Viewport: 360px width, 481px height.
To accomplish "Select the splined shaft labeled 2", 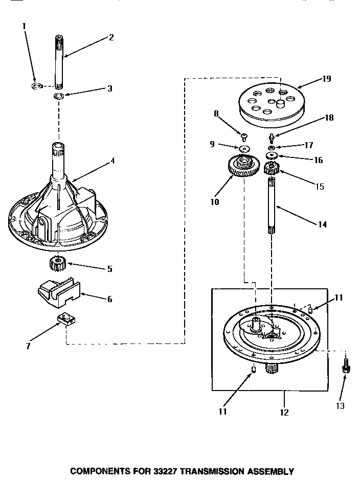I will (x=59, y=61).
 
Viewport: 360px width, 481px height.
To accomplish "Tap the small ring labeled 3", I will (x=59, y=96).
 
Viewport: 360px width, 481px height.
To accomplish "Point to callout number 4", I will (x=112, y=161).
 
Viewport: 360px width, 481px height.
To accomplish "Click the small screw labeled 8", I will (x=244, y=136).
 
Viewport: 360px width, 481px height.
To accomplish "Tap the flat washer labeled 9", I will (x=243, y=148).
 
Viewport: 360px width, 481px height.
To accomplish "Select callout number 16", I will (x=318, y=160).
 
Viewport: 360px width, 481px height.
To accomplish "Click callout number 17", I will (x=308, y=145).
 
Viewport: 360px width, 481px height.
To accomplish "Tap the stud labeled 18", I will (x=271, y=135).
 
